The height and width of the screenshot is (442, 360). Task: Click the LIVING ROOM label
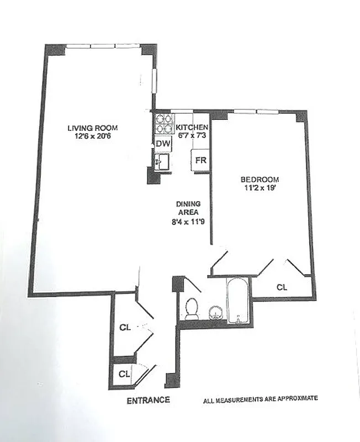[93, 128]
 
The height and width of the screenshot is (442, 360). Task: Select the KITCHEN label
[192, 127]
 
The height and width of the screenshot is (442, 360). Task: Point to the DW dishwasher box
[163, 144]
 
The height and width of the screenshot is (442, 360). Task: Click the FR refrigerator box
[200, 161]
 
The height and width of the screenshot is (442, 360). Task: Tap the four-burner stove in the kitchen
[163, 124]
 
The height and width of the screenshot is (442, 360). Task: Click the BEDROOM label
[260, 180]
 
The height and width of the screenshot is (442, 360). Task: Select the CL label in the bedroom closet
[282, 287]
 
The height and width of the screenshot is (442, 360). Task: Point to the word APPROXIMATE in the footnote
[296, 398]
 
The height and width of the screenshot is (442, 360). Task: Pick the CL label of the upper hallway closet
[125, 327]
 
